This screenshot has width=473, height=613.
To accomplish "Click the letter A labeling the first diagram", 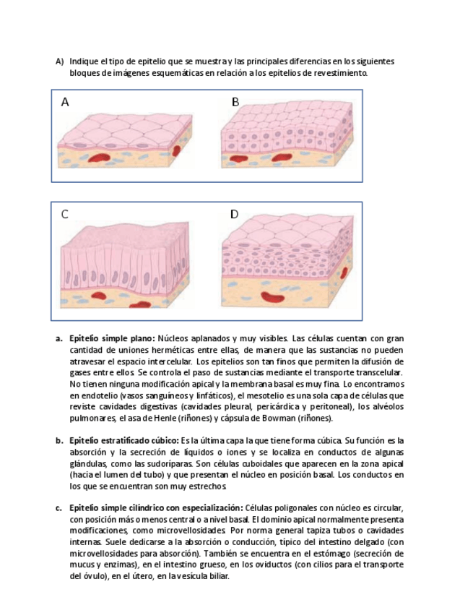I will (65, 102).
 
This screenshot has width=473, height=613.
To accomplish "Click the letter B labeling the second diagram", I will (235, 102).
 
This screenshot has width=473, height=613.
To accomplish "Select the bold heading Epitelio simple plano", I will (111, 338).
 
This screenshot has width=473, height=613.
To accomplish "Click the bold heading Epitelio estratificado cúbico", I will (123, 440).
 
